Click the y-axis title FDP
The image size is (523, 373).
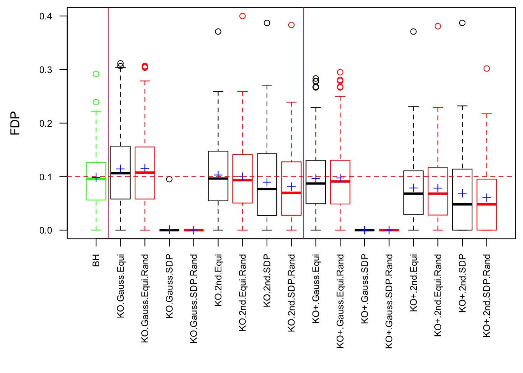(x=15, y=123)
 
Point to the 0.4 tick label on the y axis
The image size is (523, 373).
(x=46, y=16)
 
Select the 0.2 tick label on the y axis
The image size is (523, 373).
(x=46, y=123)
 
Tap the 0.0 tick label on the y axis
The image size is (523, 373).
(x=46, y=230)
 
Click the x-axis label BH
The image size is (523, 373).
(x=96, y=260)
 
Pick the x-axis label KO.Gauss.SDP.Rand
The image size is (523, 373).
(x=194, y=298)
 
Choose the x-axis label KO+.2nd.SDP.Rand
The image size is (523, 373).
(x=487, y=296)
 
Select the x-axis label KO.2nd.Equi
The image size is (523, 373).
(x=218, y=280)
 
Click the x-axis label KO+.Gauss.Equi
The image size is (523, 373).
(x=316, y=288)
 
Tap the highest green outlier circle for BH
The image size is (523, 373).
(x=96, y=74)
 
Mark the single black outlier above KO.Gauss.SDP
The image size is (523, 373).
(x=169, y=179)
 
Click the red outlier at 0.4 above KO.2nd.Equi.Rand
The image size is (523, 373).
(x=242, y=16)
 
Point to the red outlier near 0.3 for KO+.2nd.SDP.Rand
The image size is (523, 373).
(x=487, y=69)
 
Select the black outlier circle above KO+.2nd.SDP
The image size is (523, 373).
(x=462, y=23)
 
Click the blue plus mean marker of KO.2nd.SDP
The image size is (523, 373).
(x=267, y=182)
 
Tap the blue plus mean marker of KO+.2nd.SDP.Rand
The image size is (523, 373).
(x=487, y=198)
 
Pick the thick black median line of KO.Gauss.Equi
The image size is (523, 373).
(x=121, y=173)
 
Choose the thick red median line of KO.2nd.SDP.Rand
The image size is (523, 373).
(x=291, y=193)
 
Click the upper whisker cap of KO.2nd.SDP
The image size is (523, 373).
(x=267, y=85)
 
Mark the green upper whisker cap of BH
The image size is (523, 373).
(x=96, y=112)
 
